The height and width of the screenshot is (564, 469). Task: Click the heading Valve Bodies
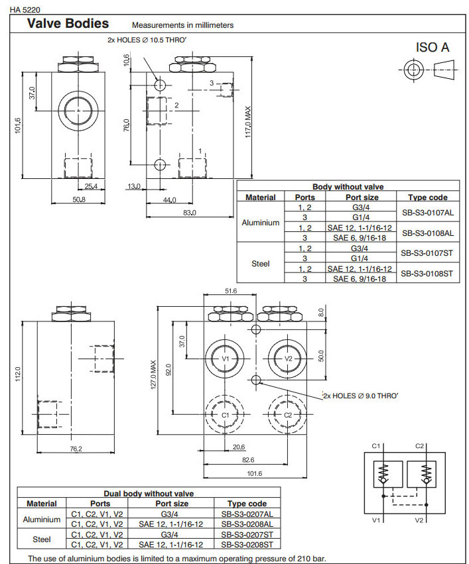67,24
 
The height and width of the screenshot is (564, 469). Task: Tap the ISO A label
432,47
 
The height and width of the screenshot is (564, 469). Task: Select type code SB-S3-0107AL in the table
427,213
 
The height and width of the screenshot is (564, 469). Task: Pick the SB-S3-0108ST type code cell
427,273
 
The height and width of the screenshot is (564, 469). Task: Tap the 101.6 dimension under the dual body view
254,473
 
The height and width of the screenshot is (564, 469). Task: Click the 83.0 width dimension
189,212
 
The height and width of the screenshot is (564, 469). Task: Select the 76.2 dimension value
76,449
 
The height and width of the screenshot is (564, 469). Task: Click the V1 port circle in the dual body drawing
225,359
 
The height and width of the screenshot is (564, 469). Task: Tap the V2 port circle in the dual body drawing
288,359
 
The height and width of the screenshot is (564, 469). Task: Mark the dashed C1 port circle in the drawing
225,415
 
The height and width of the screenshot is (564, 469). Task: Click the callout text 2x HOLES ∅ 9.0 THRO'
360,396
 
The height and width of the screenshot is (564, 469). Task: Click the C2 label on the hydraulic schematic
419,446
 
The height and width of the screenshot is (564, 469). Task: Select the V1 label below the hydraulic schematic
376,520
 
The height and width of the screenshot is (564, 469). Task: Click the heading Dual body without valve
149,493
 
